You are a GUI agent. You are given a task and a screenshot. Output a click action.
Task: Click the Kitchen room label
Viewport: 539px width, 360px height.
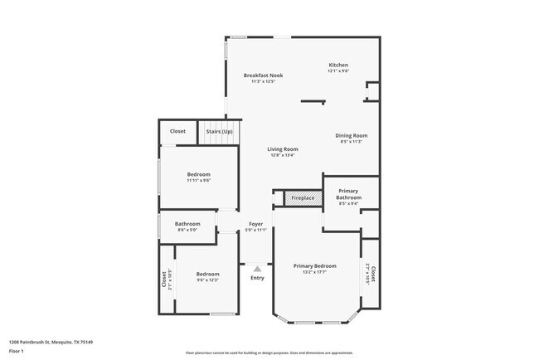click(338, 65)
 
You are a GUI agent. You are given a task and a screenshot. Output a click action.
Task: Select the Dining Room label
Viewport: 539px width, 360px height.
click(352, 135)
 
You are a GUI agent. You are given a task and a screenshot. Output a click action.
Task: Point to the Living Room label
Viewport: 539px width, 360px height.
click(283, 149)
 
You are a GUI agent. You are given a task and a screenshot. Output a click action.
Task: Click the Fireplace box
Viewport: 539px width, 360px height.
click(303, 198)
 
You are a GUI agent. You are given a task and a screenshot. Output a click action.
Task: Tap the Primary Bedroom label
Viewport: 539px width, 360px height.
click(314, 265)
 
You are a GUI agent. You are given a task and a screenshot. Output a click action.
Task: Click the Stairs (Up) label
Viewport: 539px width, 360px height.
click(219, 131)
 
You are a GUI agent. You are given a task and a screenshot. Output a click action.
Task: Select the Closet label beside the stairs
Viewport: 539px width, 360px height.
click(177, 131)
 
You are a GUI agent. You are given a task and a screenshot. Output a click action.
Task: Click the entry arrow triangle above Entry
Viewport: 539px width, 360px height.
click(257, 269)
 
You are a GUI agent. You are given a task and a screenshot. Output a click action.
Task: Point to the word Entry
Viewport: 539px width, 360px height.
click(257, 278)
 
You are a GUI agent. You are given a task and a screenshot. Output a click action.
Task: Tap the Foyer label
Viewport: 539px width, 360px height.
click(256, 224)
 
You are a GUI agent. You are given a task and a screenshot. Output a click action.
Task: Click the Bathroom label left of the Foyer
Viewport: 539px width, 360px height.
click(187, 224)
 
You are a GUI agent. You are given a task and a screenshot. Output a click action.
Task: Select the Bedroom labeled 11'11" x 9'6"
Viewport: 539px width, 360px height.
click(198, 174)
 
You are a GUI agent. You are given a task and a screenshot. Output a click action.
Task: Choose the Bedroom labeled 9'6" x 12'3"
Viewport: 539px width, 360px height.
click(207, 274)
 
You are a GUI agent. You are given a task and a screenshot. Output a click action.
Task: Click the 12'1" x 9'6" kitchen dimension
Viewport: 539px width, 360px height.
click(338, 71)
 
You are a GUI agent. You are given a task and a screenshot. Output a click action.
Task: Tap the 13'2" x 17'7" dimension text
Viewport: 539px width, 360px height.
click(314, 271)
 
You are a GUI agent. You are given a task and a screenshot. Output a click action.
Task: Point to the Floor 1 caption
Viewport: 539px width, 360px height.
click(17, 351)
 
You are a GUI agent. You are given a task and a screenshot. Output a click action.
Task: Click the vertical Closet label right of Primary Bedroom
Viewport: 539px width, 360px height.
click(373, 273)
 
